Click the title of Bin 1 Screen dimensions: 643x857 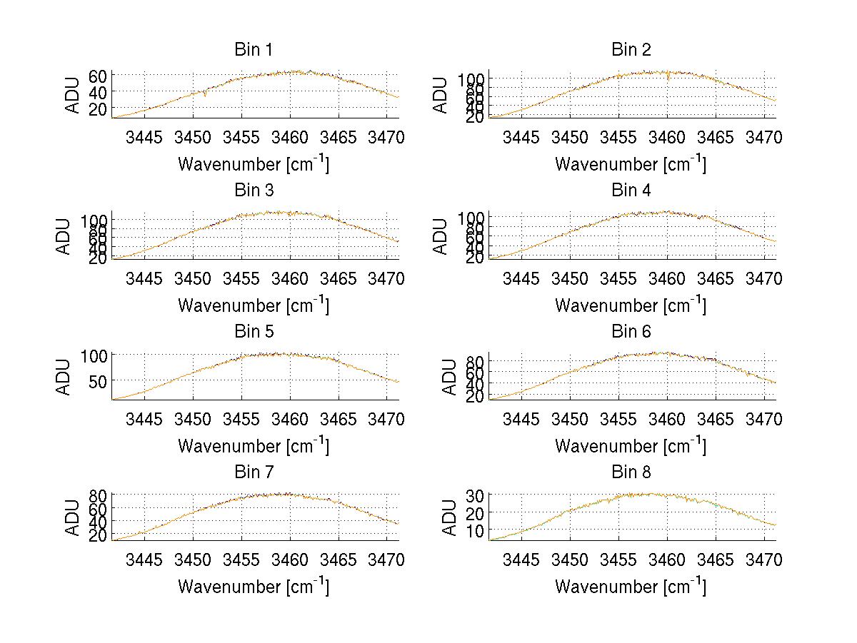(254, 50)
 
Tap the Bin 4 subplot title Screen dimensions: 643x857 (631, 191)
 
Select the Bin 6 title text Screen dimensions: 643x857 (631, 332)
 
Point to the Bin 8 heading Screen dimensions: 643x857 (631, 472)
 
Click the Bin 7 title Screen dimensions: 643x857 (254, 472)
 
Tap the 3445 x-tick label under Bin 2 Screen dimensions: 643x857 (521, 137)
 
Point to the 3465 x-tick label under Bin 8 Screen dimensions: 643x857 (716, 560)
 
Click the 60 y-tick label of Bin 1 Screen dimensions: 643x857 (98, 76)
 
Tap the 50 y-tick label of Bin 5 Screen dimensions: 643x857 (98, 381)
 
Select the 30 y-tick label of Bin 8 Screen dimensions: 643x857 (475, 495)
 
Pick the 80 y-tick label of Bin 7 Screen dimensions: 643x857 (98, 495)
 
